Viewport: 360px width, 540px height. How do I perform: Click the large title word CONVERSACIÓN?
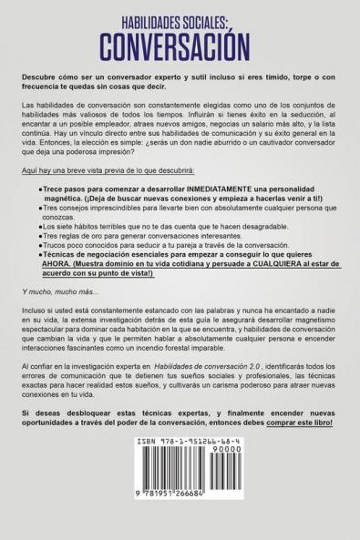pyautogui.click(x=180, y=42)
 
